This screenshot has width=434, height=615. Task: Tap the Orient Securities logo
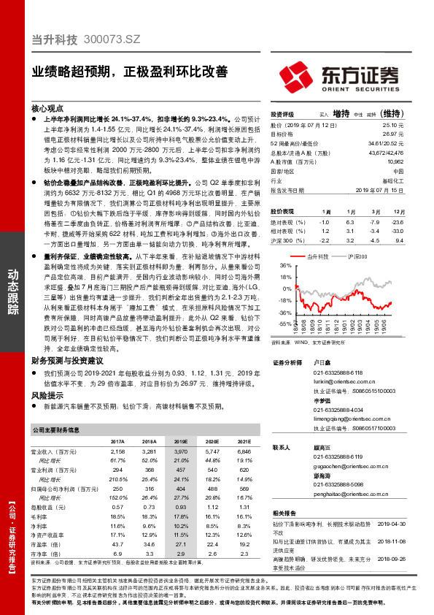[343, 75]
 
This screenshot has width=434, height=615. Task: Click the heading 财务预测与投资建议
[74, 361]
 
